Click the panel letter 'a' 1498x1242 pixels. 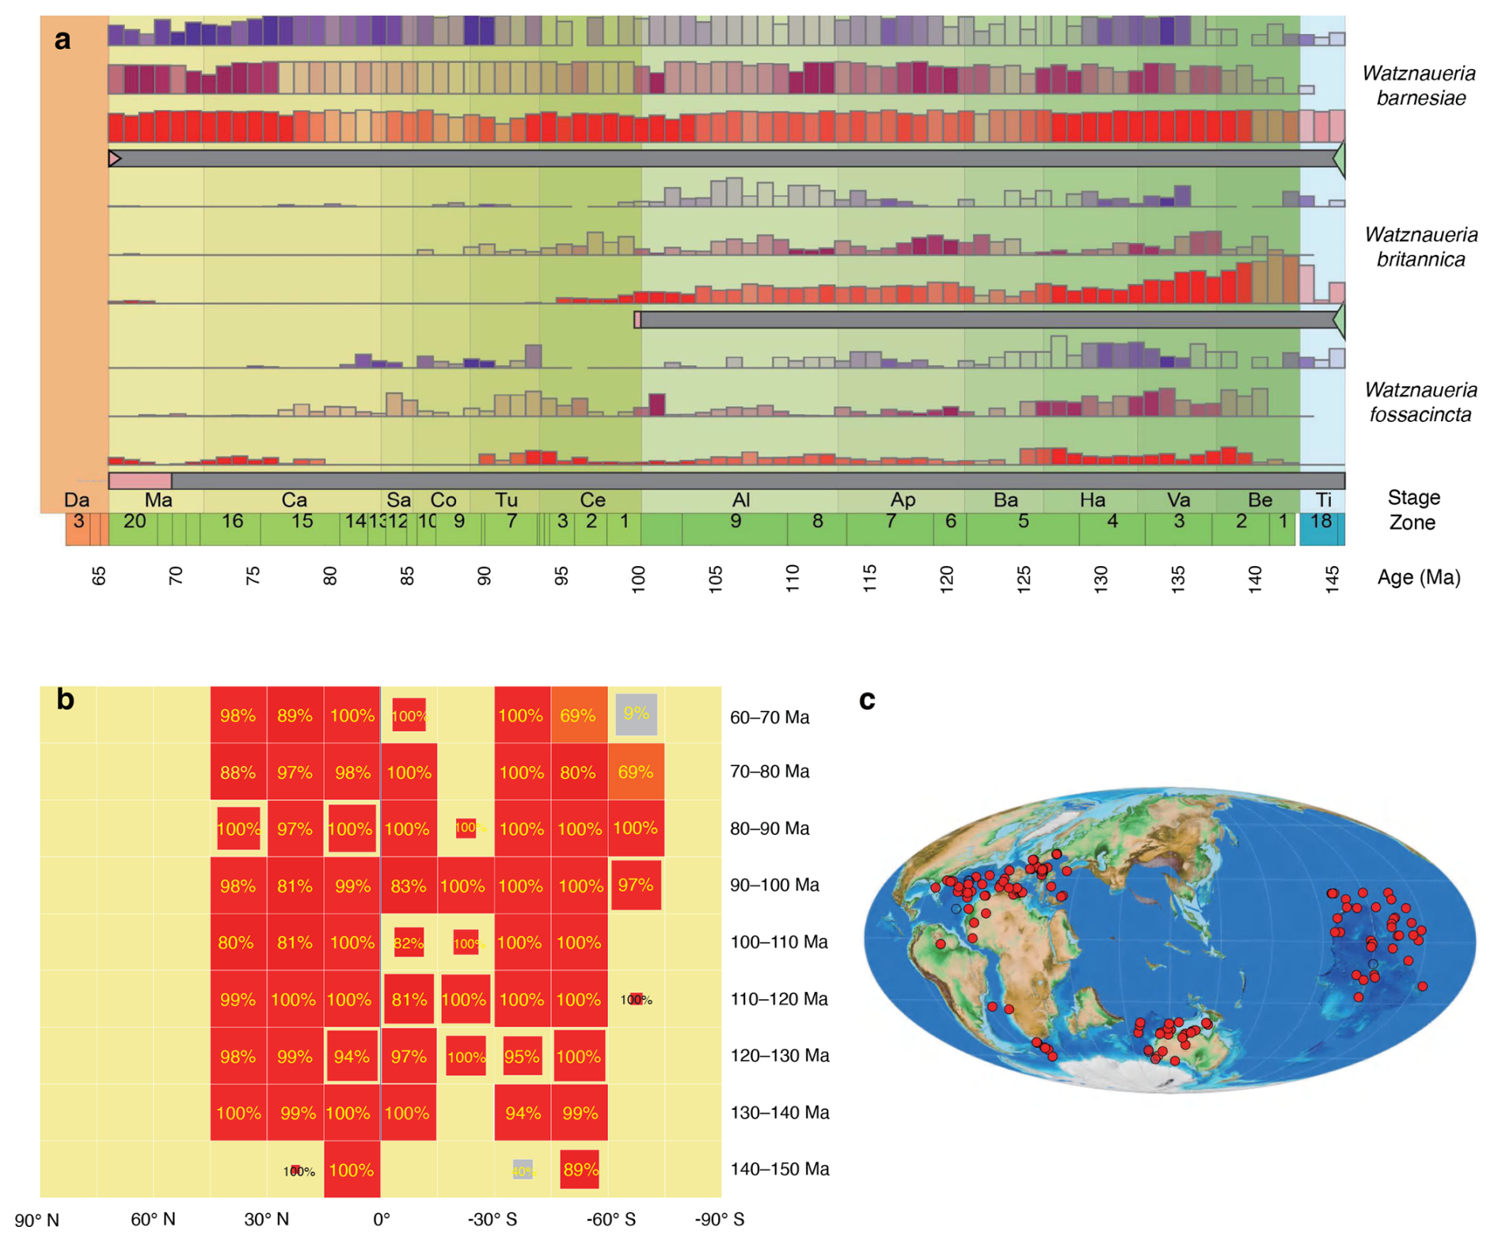pyautogui.click(x=63, y=40)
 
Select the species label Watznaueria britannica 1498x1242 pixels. pyautogui.click(x=1420, y=247)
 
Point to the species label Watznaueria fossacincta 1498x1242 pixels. pyautogui.click(x=1420, y=402)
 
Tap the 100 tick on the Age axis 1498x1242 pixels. pyautogui.click(x=639, y=579)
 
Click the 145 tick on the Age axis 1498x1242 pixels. pyautogui.click(x=1333, y=579)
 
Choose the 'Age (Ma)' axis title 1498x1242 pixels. pyautogui.click(x=1418, y=577)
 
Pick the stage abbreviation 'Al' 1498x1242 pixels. pyautogui.click(x=740, y=500)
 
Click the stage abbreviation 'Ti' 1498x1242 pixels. pyautogui.click(x=1323, y=500)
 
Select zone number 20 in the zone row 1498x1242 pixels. pyautogui.click(x=135, y=521)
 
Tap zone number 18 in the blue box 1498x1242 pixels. pyautogui.click(x=1321, y=521)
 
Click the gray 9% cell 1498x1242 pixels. pyautogui.click(x=636, y=714)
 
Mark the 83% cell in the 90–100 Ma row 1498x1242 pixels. pyautogui.click(x=409, y=887)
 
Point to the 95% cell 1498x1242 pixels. pyautogui.click(x=522, y=1057)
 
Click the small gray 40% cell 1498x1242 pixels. pyautogui.click(x=523, y=1171)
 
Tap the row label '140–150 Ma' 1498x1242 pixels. pyautogui.click(x=779, y=1169)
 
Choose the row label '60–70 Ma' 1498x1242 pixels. pyautogui.click(x=769, y=717)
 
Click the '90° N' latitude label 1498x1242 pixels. pyautogui.click(x=36, y=1220)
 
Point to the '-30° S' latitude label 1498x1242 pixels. pyautogui.click(x=492, y=1220)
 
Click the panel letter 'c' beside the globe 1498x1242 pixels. pyautogui.click(x=867, y=701)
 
